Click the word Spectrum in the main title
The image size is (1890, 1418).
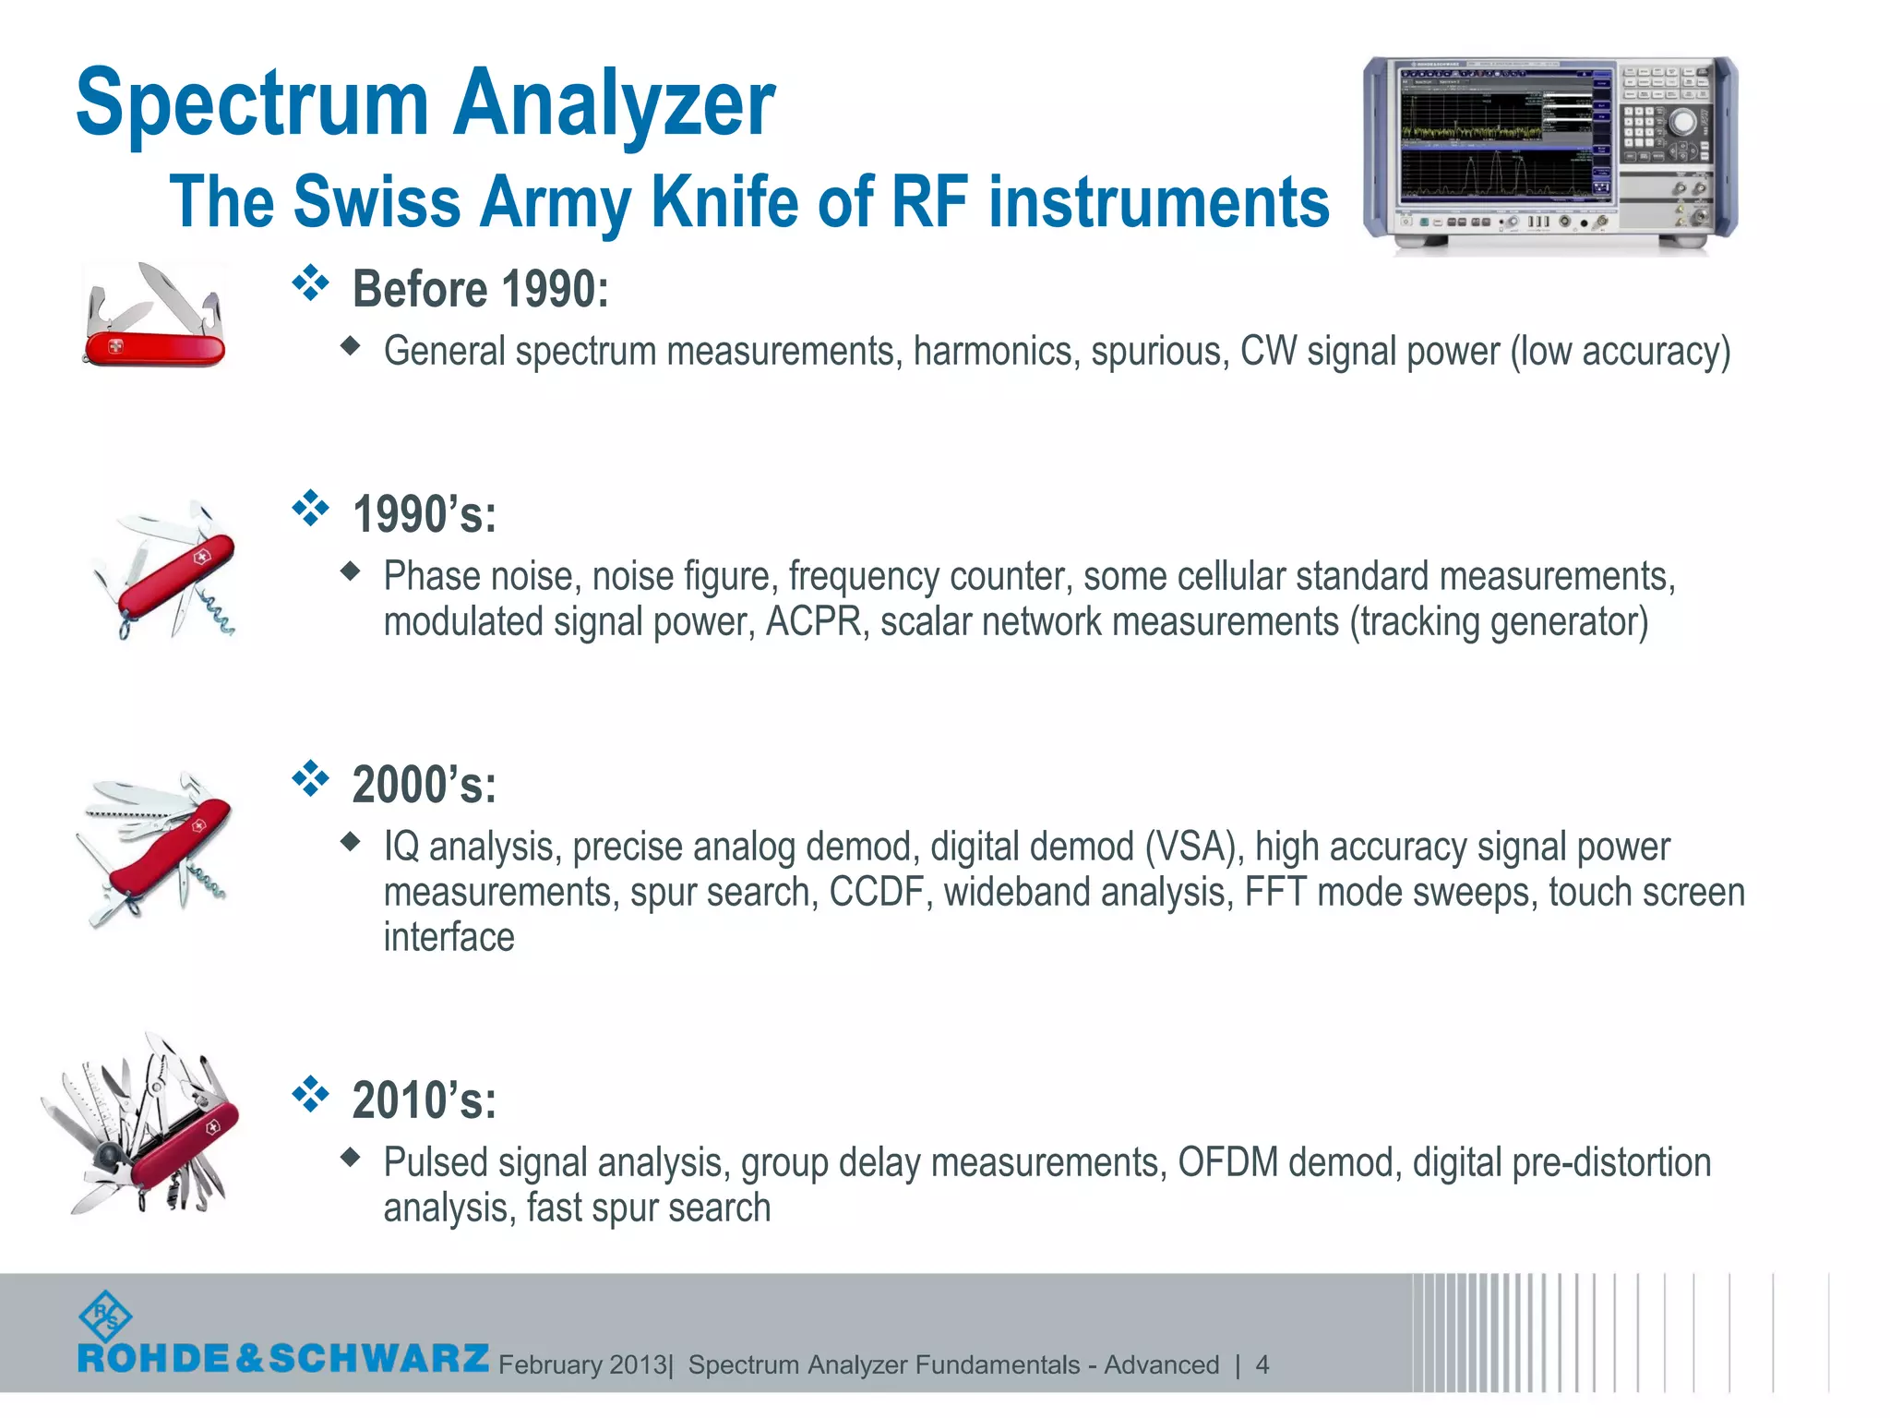point(251,103)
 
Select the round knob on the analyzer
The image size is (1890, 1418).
point(1682,121)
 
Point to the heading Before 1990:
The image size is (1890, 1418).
point(480,289)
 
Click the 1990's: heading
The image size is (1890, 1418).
point(425,514)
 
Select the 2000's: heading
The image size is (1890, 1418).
point(425,785)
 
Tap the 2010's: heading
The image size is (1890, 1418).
point(425,1100)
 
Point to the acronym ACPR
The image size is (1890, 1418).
point(813,622)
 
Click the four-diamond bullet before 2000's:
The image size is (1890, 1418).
point(310,779)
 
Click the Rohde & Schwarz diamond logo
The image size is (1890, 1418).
point(105,1317)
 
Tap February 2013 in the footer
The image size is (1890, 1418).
point(582,1364)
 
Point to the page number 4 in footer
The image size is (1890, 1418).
point(1262,1364)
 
